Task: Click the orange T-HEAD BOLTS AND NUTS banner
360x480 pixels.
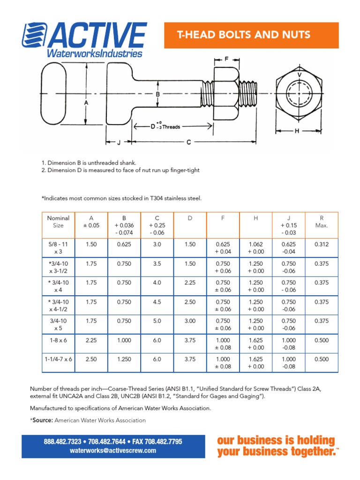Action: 243,35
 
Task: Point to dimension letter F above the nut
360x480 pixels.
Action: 226,59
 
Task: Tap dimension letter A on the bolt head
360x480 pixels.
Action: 86,101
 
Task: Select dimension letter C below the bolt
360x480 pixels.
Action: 188,142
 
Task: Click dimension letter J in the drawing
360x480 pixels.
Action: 119,142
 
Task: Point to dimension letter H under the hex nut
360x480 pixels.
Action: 297,131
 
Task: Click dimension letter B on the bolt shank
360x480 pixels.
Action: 158,94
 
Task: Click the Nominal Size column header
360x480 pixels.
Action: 58,222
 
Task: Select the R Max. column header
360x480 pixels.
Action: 321,222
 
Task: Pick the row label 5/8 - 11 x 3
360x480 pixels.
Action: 58,248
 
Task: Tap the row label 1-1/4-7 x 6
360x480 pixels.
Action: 58,359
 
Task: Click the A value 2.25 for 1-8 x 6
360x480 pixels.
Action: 91,341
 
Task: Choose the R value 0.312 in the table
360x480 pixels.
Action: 321,244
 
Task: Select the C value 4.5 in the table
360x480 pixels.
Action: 157,302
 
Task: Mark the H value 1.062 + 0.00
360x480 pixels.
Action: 255,248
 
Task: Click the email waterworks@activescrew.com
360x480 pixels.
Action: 113,450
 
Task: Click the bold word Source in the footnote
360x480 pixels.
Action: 42,420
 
